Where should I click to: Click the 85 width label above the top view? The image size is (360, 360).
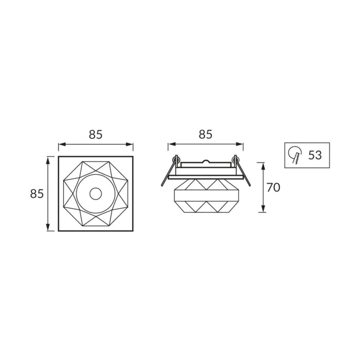96,134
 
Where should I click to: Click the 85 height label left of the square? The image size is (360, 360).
37,194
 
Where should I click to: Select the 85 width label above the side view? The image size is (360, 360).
206,134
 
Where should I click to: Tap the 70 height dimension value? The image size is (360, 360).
273,187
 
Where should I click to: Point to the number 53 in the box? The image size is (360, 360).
315,155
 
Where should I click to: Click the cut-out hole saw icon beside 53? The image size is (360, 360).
295,155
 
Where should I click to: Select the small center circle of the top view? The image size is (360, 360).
96,194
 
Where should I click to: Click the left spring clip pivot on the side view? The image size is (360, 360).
176,158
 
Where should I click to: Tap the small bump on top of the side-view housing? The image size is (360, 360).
206,161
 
